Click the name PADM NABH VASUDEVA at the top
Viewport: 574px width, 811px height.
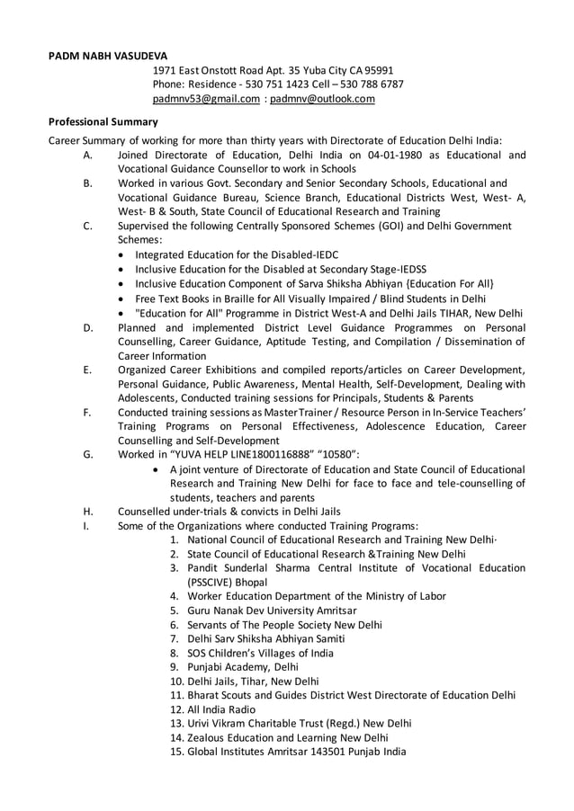[107, 56]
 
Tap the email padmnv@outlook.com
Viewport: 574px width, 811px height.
[322, 99]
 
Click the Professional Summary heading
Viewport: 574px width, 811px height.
[103, 121]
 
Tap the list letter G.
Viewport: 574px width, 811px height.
[87, 455]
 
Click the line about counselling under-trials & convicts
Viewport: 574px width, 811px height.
[229, 512]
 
